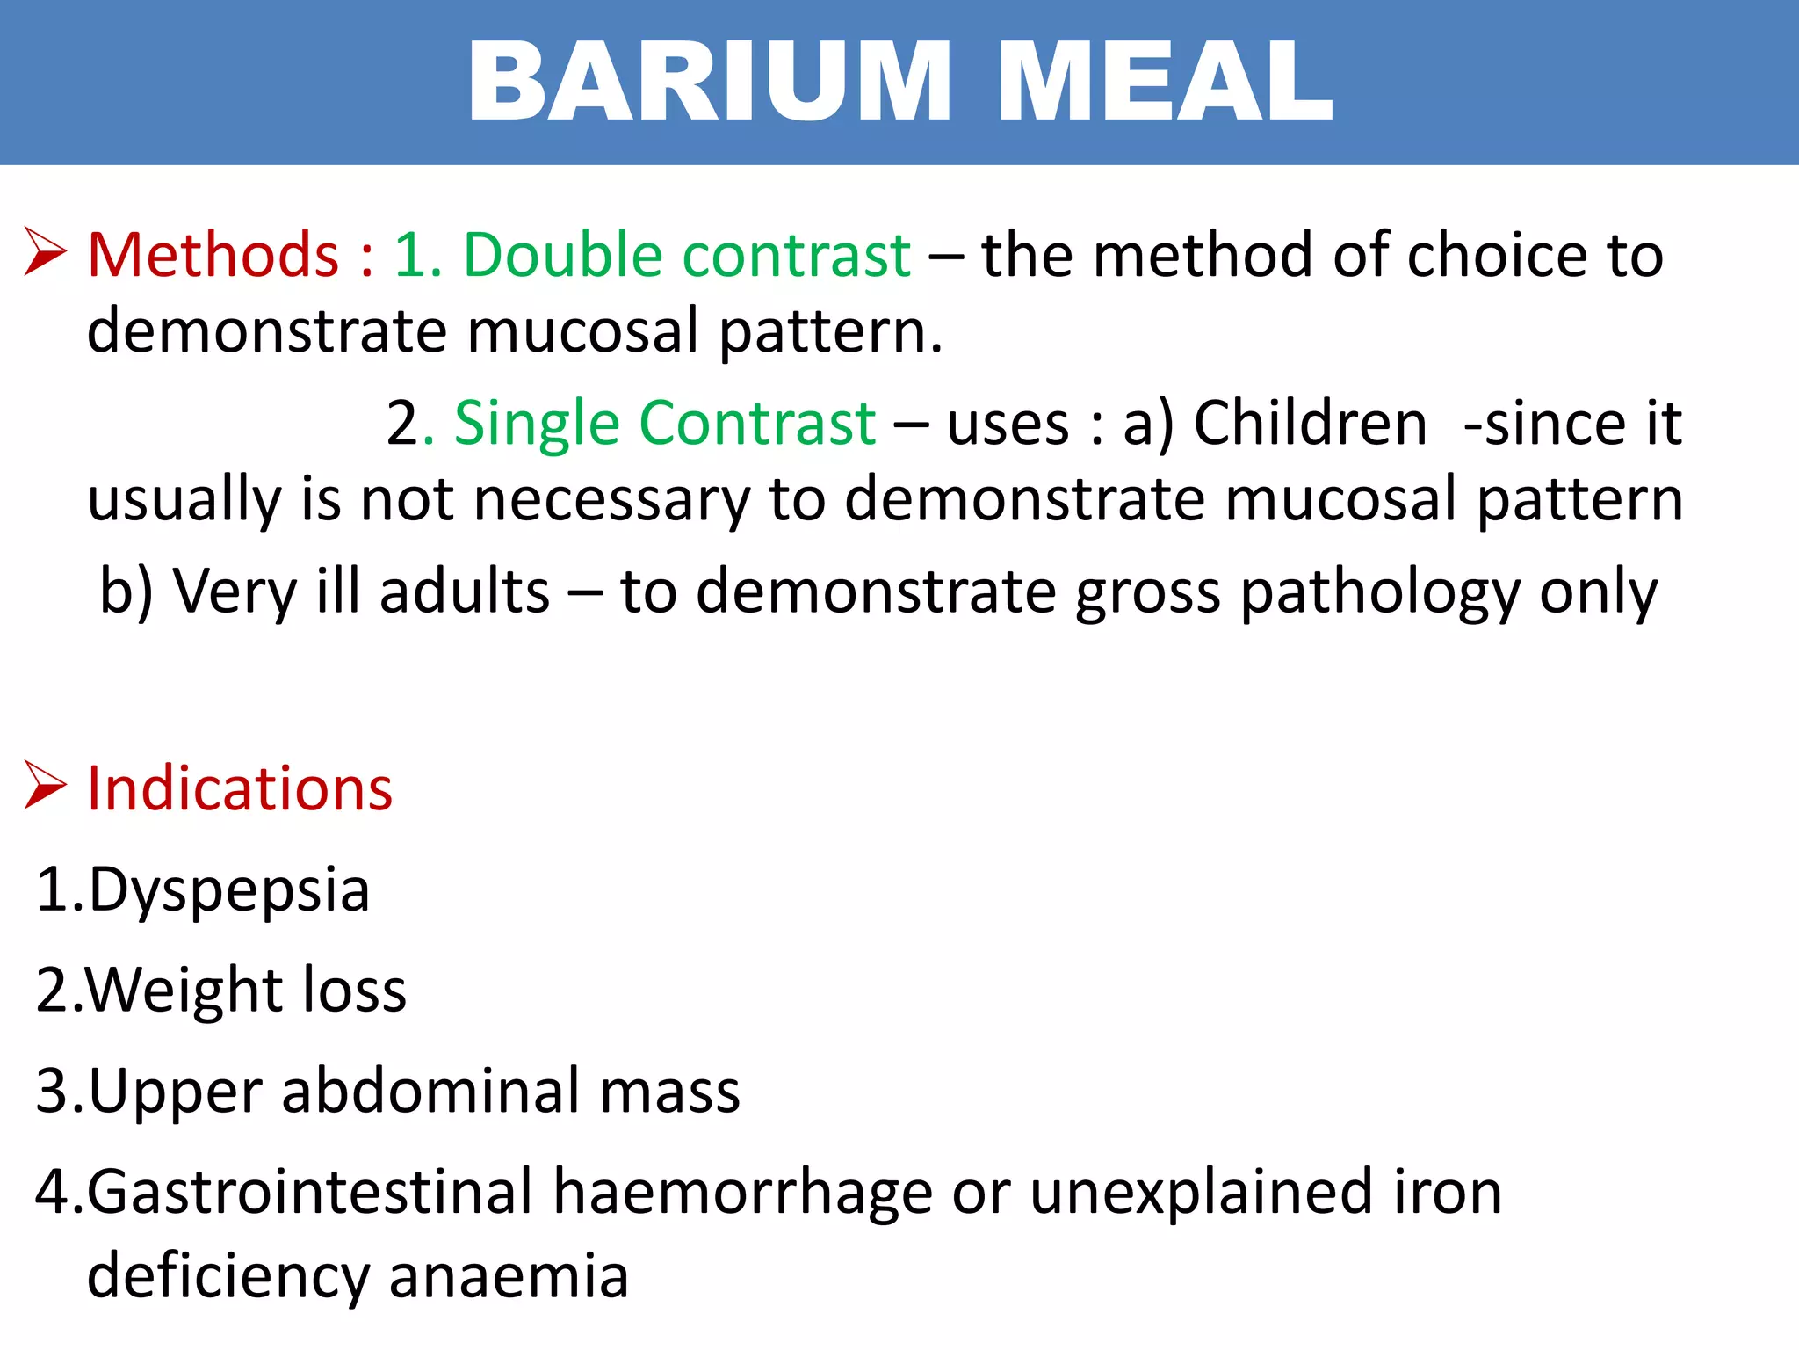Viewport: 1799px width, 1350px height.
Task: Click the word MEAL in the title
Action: [x=1165, y=83]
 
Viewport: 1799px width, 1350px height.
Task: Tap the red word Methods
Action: [x=213, y=256]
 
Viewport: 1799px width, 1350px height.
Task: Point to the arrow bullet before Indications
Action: [x=45, y=784]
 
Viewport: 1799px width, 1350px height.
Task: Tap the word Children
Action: [x=1310, y=424]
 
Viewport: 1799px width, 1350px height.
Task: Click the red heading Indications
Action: [x=240, y=788]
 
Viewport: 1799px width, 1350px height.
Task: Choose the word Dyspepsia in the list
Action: [x=228, y=891]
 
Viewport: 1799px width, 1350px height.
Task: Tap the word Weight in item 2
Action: [x=184, y=991]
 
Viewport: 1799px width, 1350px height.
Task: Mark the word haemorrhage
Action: [x=742, y=1193]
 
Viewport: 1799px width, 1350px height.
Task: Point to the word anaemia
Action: [x=509, y=1277]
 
